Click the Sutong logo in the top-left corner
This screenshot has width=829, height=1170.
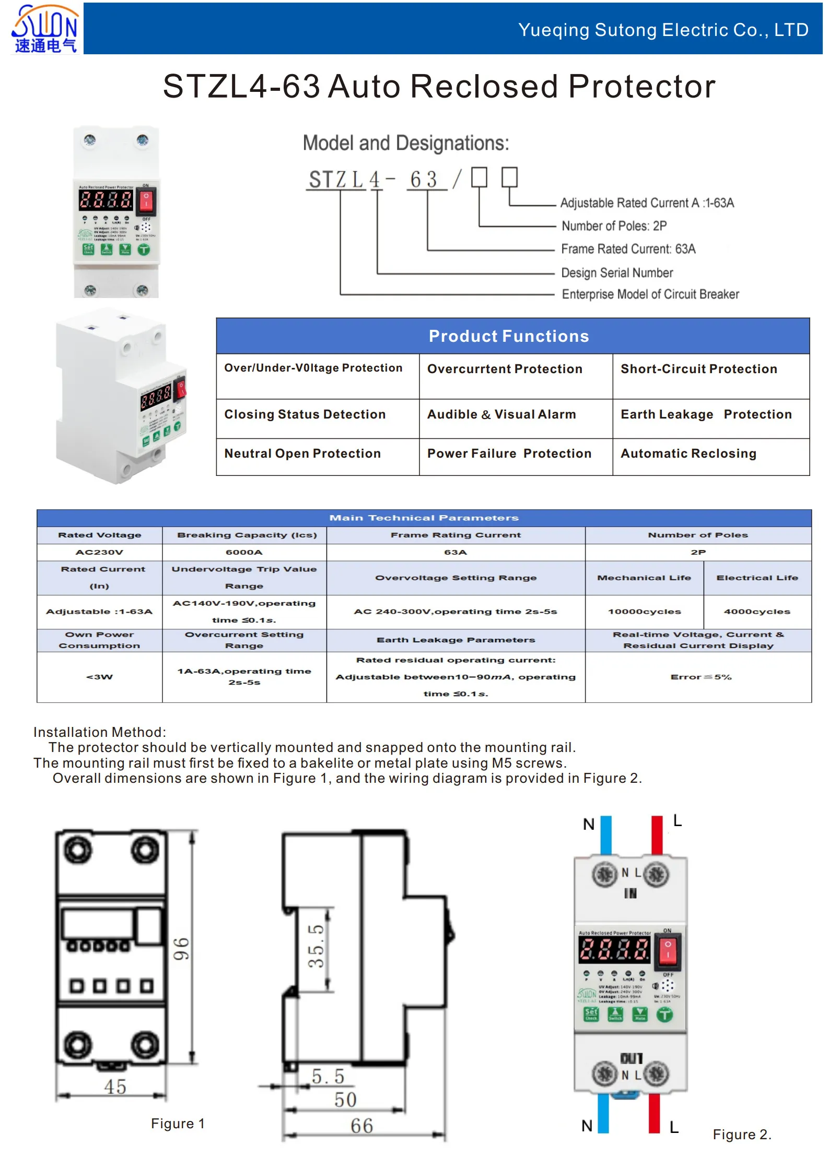[45, 29]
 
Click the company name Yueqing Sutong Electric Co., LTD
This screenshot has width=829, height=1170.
[663, 30]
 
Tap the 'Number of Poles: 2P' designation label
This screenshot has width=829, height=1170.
[614, 226]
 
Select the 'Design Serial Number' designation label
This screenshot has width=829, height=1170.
[617, 272]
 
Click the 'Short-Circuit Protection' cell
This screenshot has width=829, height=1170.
[698, 369]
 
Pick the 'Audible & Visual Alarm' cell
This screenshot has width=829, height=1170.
[501, 414]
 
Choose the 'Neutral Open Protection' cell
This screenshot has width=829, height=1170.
[302, 453]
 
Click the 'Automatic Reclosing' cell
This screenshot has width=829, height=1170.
[688, 453]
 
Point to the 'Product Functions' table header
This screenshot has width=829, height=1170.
[508, 336]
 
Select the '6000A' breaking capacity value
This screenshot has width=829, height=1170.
[244, 552]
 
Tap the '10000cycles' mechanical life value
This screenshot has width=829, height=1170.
[644, 612]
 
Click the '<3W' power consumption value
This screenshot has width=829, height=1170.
[99, 677]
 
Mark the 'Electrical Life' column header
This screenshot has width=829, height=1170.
[757, 578]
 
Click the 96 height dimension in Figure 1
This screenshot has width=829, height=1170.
[181, 949]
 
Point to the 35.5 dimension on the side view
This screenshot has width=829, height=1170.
[316, 946]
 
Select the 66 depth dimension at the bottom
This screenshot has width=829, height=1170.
[361, 1126]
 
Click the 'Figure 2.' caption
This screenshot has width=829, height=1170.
[742, 1135]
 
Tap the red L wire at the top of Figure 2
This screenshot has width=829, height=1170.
[657, 835]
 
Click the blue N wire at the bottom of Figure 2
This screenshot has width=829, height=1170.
[603, 1114]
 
